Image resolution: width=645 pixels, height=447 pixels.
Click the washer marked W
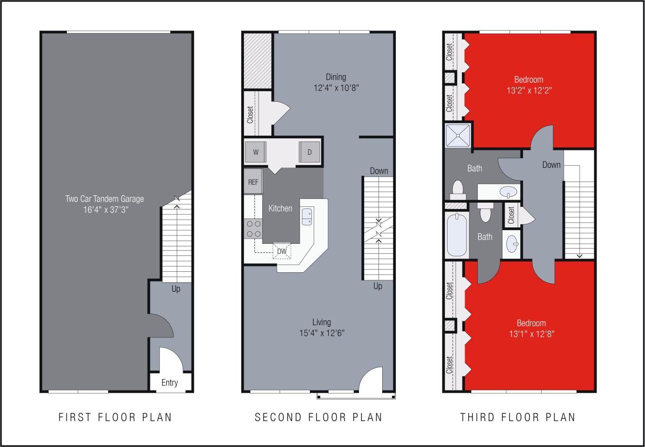[255, 153]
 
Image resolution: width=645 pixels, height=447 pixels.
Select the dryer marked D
[310, 153]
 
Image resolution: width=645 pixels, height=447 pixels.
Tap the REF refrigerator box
[253, 182]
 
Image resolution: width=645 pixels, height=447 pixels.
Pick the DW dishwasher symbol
[282, 251]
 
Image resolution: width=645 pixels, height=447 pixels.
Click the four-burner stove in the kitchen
[253, 229]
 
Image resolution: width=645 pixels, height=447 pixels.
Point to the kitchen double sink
[307, 216]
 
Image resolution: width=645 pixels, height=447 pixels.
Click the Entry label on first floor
[169, 383]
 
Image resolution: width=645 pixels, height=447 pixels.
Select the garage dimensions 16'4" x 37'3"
[105, 209]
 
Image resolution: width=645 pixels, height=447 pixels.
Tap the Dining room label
[336, 77]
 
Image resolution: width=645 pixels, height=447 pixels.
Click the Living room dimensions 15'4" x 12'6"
[321, 332]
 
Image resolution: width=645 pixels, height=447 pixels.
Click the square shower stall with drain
[458, 135]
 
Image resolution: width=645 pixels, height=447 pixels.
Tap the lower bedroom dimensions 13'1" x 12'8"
[531, 334]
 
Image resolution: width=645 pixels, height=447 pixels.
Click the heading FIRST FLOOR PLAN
[115, 417]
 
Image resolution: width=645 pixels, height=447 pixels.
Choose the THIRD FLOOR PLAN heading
[517, 417]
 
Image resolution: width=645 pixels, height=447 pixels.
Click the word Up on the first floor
[176, 289]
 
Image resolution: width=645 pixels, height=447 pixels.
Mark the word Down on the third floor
[551, 165]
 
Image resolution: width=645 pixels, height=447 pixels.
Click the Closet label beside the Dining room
[250, 115]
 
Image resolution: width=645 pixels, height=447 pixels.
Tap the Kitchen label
[280, 208]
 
